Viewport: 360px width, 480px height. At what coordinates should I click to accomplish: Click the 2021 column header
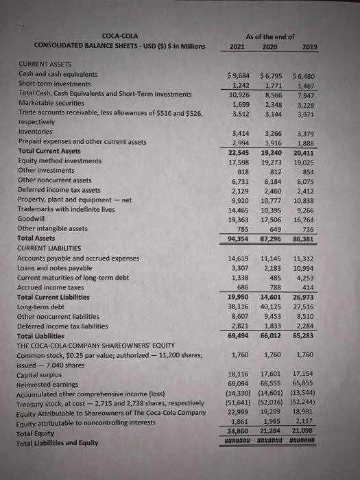(237, 46)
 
